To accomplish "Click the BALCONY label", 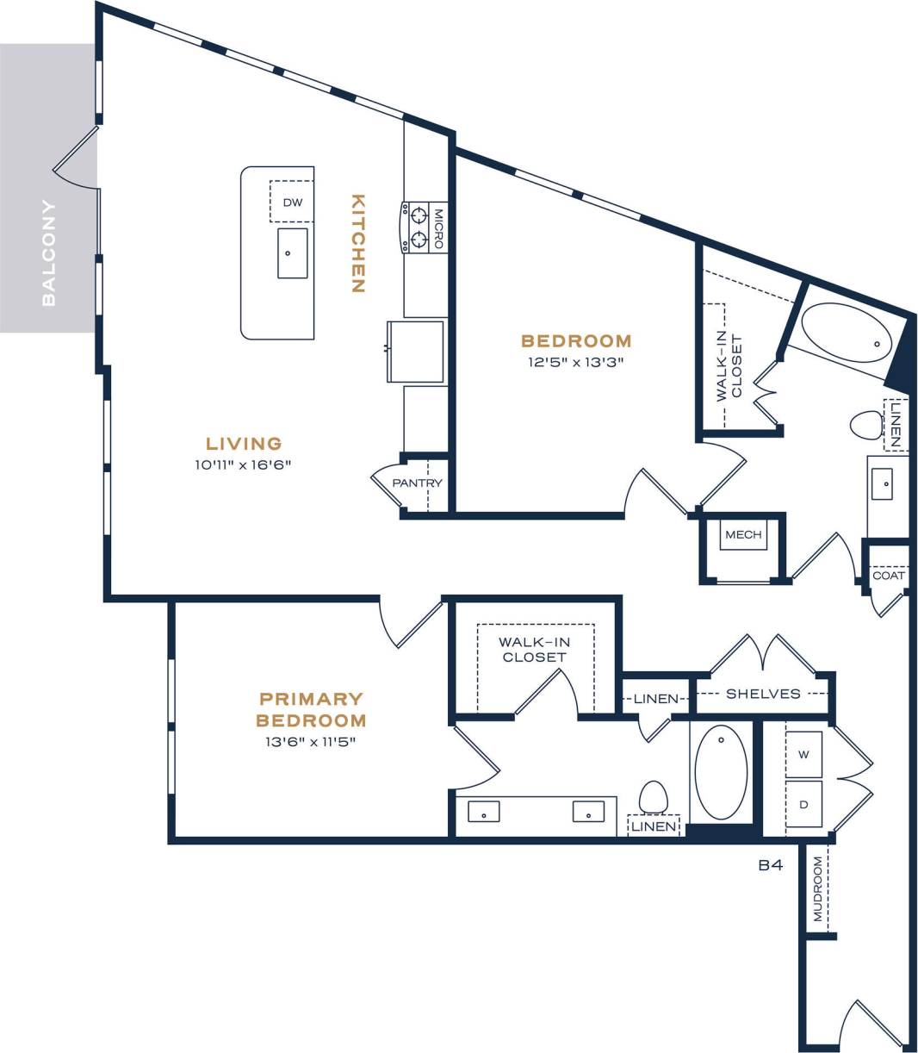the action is coord(48,252).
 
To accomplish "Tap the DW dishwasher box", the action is coord(292,202).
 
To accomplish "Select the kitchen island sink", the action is coord(293,253).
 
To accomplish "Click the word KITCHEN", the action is coord(358,243).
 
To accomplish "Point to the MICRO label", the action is coord(438,228).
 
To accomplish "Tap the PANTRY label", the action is coord(417,483).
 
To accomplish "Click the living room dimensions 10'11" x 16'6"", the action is coord(243,464).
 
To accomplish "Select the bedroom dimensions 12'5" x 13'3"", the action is coord(576,362).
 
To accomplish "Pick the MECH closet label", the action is coord(743,534).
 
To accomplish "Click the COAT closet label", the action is coord(888,576).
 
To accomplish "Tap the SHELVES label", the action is coord(763,694).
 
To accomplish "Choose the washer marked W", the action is coord(803,755).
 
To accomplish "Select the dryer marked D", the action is coord(803,805).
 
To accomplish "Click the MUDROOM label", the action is coord(818,888).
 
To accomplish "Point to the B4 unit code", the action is coord(771,865).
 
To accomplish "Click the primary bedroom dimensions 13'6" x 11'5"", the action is coord(311,742).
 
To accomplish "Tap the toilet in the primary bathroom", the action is coord(653,797).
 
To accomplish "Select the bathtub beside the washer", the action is coord(721,772).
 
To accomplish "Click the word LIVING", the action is coord(244,443).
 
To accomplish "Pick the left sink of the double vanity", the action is coord(483,812).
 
